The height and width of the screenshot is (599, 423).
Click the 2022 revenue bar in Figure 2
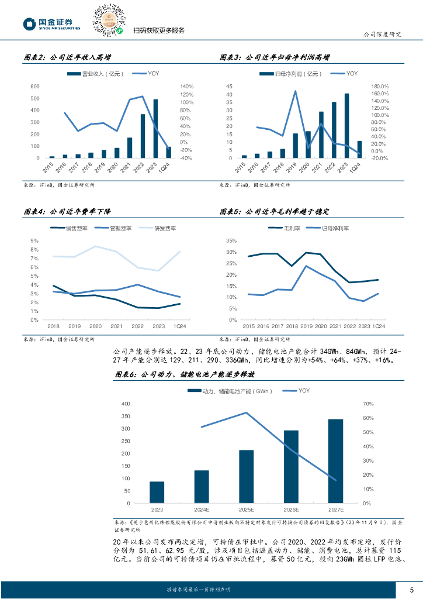point(143,136)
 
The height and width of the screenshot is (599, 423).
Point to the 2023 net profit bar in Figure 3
point(347,125)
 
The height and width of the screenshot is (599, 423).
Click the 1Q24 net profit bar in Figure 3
point(359,149)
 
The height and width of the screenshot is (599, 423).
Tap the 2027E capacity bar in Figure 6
point(335,461)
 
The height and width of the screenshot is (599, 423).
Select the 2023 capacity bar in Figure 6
point(157,492)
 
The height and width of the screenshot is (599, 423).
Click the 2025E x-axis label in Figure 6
point(247,510)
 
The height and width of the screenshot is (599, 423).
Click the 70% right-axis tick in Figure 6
point(367,404)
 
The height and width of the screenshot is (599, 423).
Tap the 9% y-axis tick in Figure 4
point(34,240)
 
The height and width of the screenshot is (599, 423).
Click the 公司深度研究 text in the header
point(383,34)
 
